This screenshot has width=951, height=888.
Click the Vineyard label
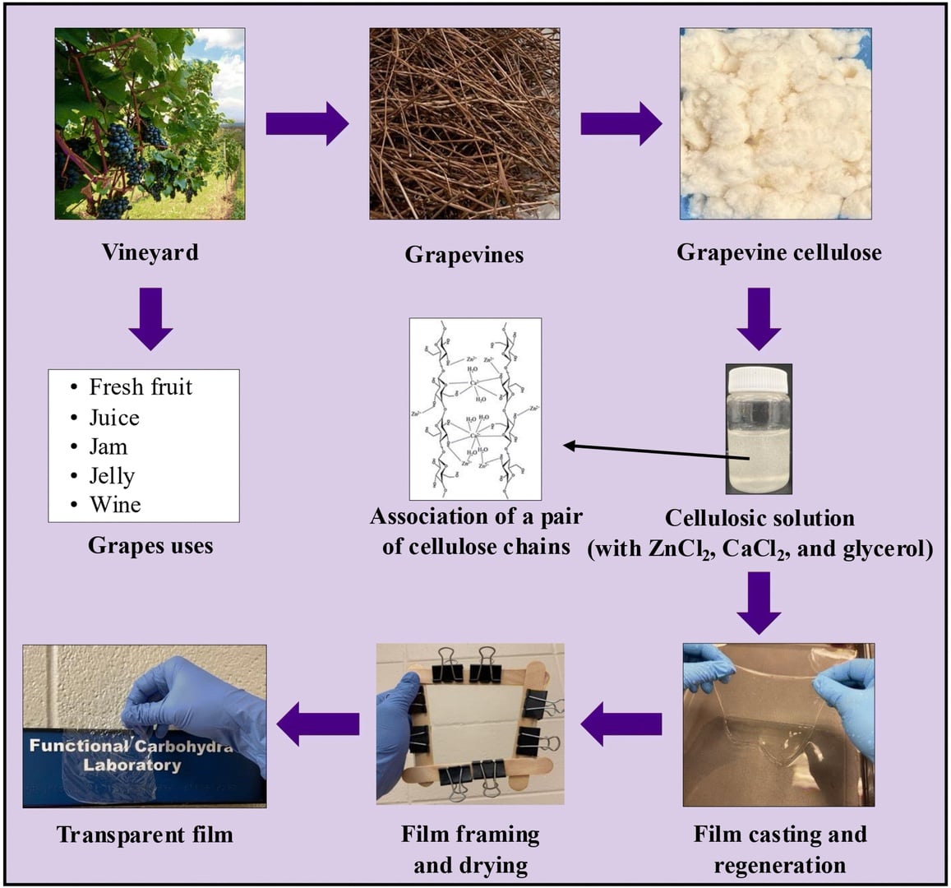(x=150, y=252)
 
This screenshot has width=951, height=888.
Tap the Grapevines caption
(x=464, y=254)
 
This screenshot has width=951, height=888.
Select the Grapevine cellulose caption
(x=778, y=252)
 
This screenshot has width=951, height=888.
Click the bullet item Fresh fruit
(x=141, y=386)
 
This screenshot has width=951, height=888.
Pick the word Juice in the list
(x=114, y=418)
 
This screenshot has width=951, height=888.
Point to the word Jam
(x=108, y=446)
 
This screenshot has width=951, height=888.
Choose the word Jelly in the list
(x=112, y=476)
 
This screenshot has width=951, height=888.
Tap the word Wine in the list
(x=115, y=505)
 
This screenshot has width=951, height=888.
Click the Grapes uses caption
(x=150, y=545)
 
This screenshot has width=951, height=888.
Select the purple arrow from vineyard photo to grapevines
(x=307, y=124)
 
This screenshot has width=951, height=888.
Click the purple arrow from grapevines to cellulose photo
(x=621, y=124)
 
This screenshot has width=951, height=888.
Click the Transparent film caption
(x=145, y=835)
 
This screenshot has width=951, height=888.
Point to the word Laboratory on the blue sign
(x=132, y=765)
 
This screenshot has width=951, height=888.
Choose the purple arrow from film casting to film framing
(x=621, y=724)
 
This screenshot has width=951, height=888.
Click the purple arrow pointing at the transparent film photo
(x=318, y=724)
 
